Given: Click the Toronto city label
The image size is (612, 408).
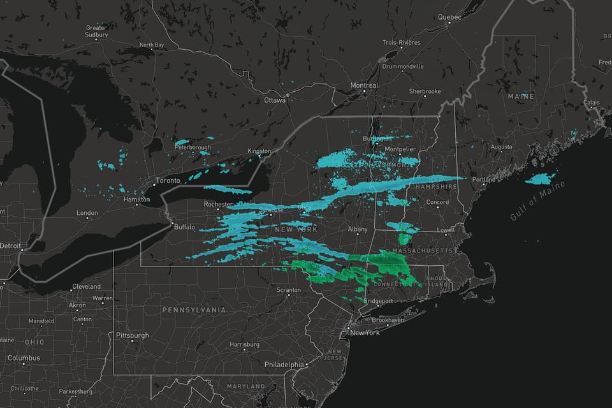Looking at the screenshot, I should point(168,180).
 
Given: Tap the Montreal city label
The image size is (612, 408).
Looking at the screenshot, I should point(364,85).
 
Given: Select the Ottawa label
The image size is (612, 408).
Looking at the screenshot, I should point(275,100).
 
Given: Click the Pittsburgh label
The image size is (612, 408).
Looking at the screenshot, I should point(133,335).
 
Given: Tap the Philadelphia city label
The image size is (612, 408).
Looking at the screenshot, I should point(284,365).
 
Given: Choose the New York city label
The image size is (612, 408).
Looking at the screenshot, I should point(365,333).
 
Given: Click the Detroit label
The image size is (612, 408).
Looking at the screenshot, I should point(10,245).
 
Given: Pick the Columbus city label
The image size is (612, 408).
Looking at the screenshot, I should point(24,358).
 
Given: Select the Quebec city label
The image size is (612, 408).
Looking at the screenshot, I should point(449,17).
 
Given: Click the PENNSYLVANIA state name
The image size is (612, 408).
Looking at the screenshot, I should point(194,310).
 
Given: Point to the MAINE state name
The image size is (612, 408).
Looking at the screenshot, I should point(520,96).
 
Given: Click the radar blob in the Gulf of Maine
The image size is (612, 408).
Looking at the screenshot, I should point(540,179).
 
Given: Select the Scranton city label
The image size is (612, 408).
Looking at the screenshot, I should point(288,290).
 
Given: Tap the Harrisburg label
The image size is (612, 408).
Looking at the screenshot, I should point(245,344).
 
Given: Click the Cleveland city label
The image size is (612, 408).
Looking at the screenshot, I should point(86,287).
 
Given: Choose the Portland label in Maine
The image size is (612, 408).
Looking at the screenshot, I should point(484,180).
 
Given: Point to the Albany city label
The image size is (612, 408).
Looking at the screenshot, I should point(358,229).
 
